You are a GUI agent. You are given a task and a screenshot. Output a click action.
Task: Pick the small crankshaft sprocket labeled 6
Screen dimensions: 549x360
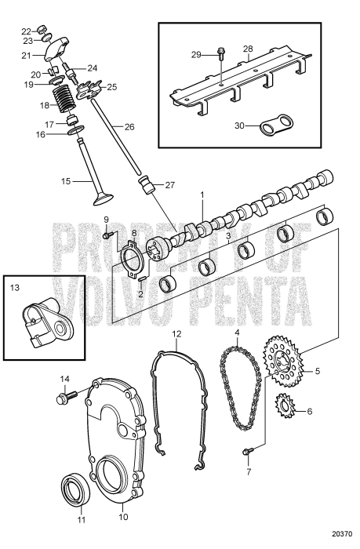[x=285, y=410]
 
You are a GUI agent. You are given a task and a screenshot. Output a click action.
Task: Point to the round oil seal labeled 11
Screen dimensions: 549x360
[x=76, y=493]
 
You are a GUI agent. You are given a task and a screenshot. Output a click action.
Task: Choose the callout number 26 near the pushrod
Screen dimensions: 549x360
[x=130, y=126]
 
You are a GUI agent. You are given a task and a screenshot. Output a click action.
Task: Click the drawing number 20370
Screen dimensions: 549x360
[x=340, y=535]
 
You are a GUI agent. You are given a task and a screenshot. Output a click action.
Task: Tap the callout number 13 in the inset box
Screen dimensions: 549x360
[x=13, y=287]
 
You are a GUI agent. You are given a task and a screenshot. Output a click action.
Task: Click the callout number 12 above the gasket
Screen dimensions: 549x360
[x=177, y=333]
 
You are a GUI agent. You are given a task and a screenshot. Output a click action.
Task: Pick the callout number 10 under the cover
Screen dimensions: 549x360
[x=122, y=517]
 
